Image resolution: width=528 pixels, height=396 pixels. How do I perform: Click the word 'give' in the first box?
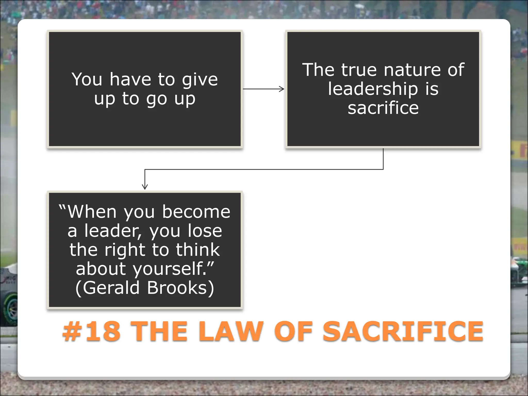pyautogui.click(x=200, y=80)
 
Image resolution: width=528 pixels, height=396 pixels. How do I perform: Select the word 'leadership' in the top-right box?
pyautogui.click(x=373, y=89)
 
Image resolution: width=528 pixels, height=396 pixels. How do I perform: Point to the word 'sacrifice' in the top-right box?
pyautogui.click(x=383, y=108)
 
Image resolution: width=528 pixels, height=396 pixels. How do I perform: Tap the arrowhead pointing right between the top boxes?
pyautogui.click(x=282, y=89)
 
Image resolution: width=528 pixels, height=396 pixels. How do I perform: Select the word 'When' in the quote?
pyautogui.click(x=92, y=212)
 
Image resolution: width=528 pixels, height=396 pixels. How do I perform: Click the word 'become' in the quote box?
pyautogui.click(x=196, y=212)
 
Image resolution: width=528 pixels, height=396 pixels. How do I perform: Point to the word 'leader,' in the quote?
pyautogui.click(x=113, y=231)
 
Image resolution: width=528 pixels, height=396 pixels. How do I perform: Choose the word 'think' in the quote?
pyautogui.click(x=198, y=250)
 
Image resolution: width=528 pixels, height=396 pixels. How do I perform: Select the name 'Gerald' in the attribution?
pyautogui.click(x=111, y=288)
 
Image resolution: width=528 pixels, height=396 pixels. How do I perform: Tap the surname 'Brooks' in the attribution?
pyautogui.click(x=177, y=288)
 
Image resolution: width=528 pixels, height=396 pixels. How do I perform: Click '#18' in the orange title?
pyautogui.click(x=92, y=332)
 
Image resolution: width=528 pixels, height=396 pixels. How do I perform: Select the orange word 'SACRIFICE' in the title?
pyautogui.click(x=403, y=332)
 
